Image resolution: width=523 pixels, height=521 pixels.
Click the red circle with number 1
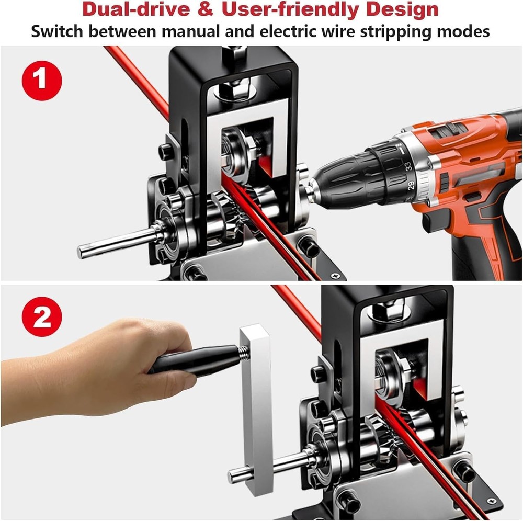coord(42,80)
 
